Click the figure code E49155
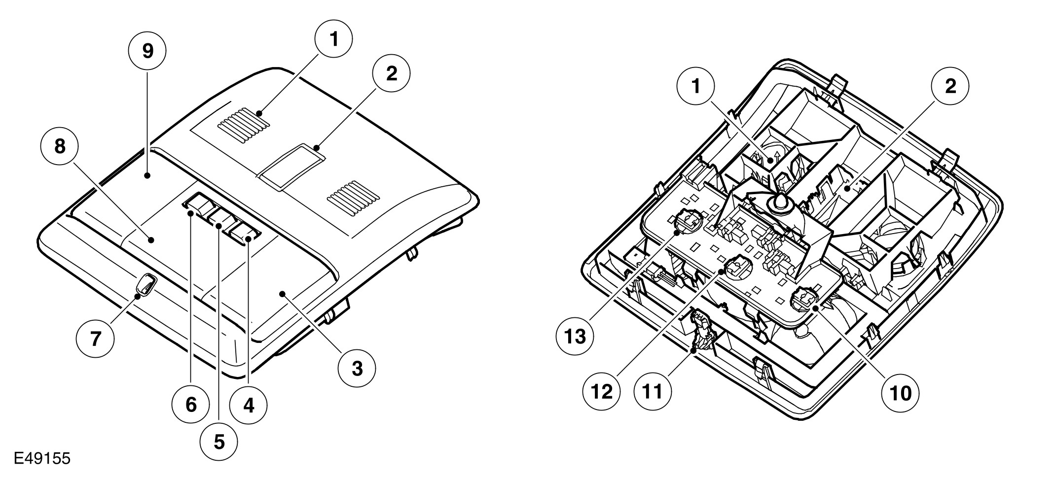[x=42, y=459]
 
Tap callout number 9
[x=147, y=51]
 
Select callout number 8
[x=60, y=146]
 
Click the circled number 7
[x=95, y=339]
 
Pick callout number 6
[x=191, y=405]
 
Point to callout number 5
[x=219, y=442]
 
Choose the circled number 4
[x=249, y=406]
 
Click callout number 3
[x=357, y=368]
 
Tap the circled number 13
[x=575, y=337]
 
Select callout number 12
[x=602, y=392]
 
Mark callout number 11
[x=652, y=392]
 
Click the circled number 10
[x=901, y=393]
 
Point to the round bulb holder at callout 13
[x=687, y=222]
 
